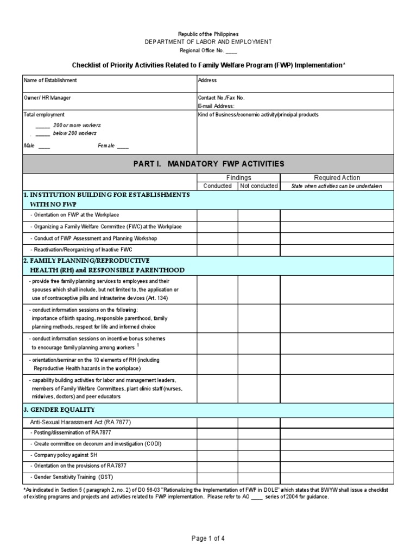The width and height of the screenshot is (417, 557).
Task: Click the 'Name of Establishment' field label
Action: point(50,81)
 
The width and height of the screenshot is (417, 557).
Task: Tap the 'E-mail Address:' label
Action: point(216,106)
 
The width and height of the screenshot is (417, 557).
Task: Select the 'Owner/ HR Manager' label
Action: point(47,98)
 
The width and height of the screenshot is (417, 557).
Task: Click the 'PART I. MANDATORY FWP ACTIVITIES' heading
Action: point(208,164)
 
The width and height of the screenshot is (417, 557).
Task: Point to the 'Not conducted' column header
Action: point(259,186)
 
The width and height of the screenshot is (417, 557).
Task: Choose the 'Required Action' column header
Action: point(337,178)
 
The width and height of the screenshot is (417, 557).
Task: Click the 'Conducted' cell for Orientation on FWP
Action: point(217,215)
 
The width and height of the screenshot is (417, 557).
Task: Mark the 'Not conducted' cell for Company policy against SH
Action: point(259,455)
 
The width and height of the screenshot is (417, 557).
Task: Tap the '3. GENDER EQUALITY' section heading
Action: point(59,410)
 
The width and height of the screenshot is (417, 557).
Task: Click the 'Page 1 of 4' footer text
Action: point(208,539)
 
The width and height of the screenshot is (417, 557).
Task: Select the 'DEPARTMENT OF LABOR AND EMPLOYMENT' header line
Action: point(208,42)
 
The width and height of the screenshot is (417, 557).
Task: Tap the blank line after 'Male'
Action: point(45,146)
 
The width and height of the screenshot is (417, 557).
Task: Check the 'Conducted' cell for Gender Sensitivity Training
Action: point(217,477)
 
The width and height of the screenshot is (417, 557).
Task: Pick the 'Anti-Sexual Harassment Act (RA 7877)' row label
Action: point(80,422)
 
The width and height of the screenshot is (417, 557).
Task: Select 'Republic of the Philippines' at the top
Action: point(208,34)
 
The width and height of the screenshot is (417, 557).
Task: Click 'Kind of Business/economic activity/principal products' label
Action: point(258,115)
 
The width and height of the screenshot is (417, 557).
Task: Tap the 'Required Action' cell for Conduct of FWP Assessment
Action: point(337,238)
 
